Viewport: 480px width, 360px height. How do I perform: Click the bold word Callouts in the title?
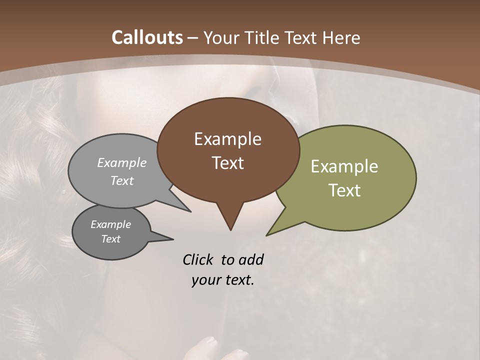point(147,37)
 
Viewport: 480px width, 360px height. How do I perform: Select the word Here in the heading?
point(341,37)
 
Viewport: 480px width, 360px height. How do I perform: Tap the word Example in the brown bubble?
point(227,139)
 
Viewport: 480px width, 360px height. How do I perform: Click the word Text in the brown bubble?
point(227,163)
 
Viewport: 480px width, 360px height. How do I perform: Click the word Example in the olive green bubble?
point(344,166)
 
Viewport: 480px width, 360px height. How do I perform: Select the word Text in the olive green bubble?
point(344,190)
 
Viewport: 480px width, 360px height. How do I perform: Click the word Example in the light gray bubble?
point(122,163)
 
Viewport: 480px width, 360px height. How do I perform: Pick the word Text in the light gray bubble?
point(122,180)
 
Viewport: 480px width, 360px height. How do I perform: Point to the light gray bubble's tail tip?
point(190,211)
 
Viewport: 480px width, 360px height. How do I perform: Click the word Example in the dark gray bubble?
point(110,224)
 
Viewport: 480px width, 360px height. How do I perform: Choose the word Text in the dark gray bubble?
point(110,239)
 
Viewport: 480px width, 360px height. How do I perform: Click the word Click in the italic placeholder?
point(198,259)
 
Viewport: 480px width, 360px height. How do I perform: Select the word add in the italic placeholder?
point(250,259)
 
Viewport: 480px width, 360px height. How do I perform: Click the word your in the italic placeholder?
point(205,280)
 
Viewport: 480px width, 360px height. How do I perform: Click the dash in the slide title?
point(193,37)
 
